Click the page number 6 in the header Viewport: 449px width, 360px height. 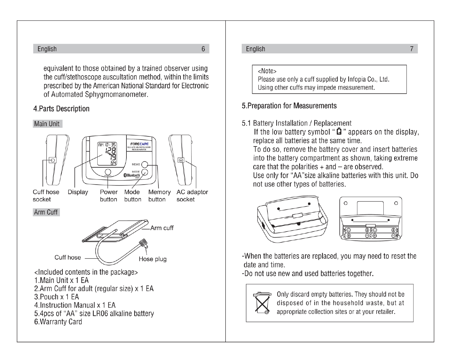click(x=203, y=49)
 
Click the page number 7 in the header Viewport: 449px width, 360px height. click(x=412, y=49)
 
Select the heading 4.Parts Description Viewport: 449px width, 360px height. click(x=61, y=109)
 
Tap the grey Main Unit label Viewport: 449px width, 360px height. click(x=47, y=124)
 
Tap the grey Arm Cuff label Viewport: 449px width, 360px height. click(x=46, y=212)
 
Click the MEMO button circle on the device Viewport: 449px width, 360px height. click(x=144, y=165)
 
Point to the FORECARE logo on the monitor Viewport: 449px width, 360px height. click(x=139, y=144)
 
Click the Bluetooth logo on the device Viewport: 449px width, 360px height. click(x=132, y=175)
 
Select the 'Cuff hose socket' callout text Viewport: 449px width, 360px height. click(x=46, y=196)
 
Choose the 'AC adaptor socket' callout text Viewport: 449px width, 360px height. click(x=192, y=196)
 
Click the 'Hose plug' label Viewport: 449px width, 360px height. click(x=152, y=259)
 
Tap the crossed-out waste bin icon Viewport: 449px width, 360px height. click(x=262, y=303)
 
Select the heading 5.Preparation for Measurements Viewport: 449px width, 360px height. click(x=289, y=106)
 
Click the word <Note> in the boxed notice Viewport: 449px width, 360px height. click(x=267, y=71)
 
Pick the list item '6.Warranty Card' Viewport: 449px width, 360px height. click(x=58, y=322)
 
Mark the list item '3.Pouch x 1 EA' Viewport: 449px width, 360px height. click(x=56, y=297)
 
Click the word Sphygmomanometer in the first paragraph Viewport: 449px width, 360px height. click(x=116, y=95)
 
